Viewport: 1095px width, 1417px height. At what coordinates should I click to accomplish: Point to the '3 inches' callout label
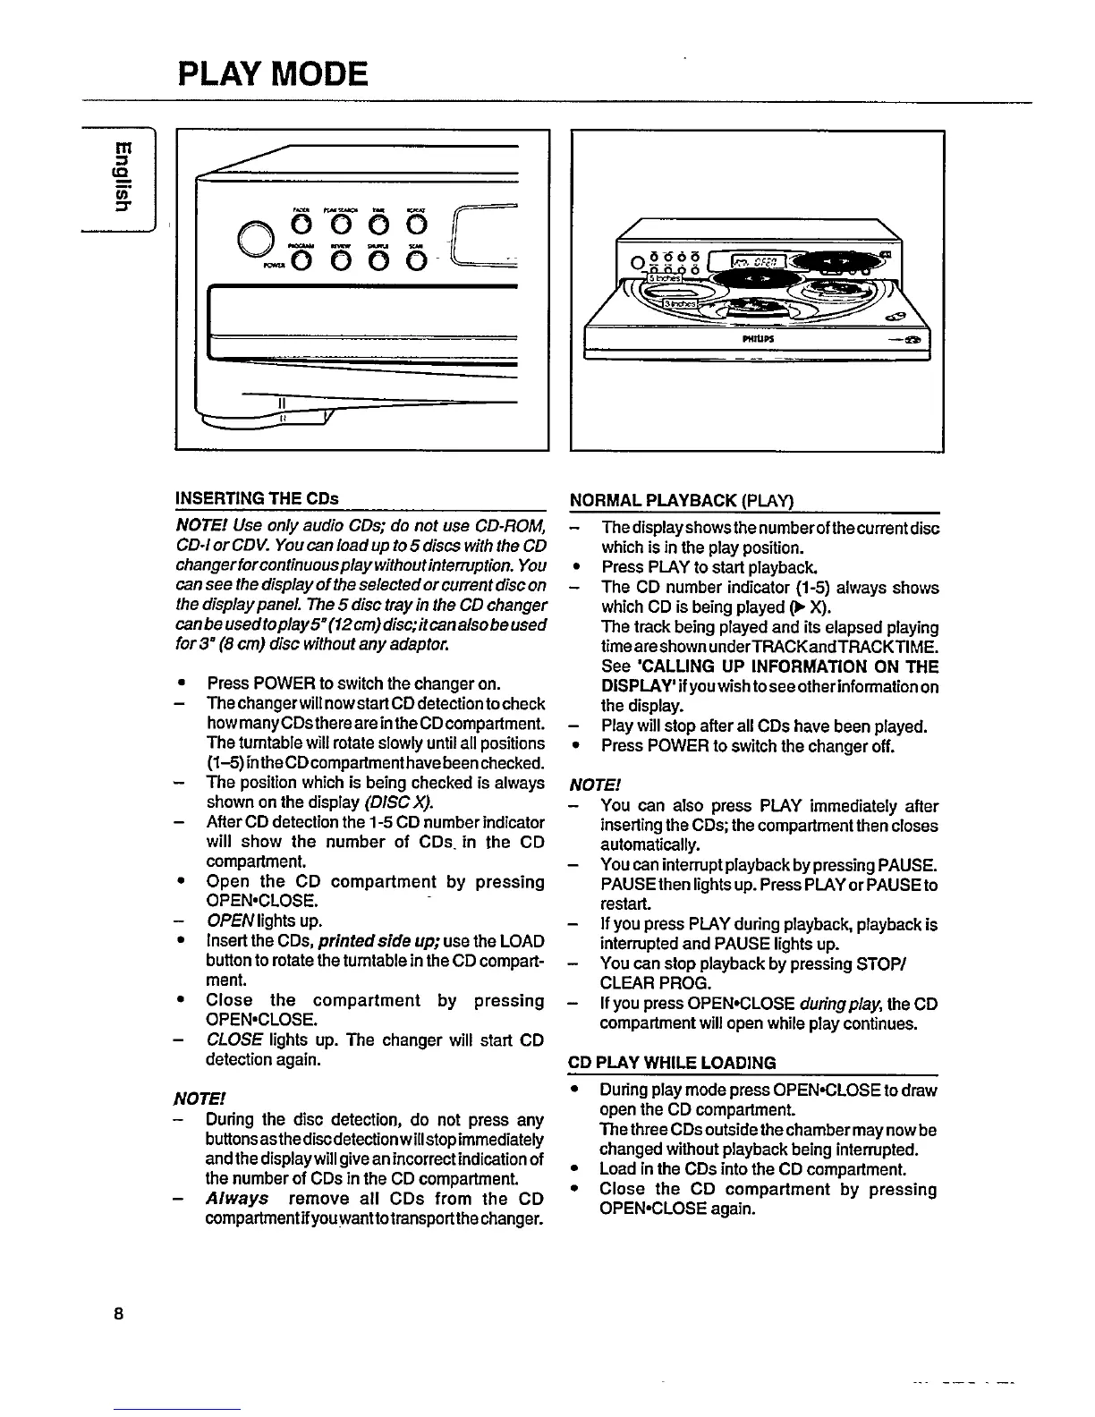point(682,304)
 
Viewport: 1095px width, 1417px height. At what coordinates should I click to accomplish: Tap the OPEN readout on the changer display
point(756,262)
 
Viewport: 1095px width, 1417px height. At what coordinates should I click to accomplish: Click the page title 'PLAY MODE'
point(273,73)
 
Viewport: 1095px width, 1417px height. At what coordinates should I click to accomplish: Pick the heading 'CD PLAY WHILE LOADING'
point(672,1063)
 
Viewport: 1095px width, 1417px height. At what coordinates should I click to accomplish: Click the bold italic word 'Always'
point(237,1198)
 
